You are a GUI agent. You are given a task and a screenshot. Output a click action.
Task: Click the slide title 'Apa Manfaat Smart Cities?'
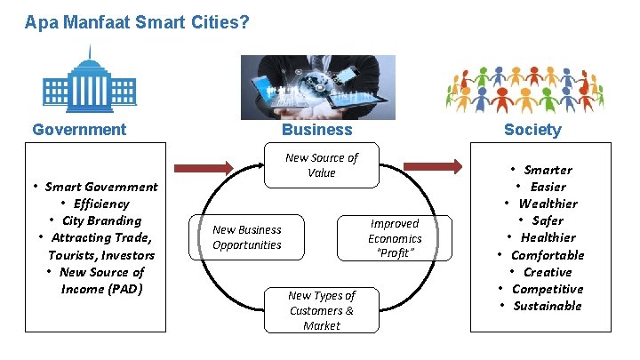pyautogui.click(x=137, y=21)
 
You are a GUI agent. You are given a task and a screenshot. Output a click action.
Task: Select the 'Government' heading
pyautogui.click(x=79, y=130)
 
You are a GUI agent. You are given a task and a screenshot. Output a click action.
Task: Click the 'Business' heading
pyautogui.click(x=316, y=130)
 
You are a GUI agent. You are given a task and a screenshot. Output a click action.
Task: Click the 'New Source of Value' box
pyautogui.click(x=321, y=165)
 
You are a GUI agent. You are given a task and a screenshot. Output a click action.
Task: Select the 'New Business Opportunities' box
pyautogui.click(x=246, y=237)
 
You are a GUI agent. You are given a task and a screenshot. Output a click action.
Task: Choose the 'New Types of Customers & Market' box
pyautogui.click(x=321, y=310)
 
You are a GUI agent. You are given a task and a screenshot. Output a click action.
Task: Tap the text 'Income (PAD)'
pyautogui.click(x=101, y=289)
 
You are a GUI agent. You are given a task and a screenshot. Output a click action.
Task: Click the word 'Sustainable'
pyautogui.click(x=547, y=306)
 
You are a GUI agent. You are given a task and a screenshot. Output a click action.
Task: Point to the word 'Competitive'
pyautogui.click(x=548, y=289)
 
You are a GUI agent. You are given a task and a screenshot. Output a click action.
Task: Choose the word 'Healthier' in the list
pyautogui.click(x=548, y=237)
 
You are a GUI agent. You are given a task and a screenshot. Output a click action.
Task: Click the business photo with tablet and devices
pyautogui.click(x=318, y=87)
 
